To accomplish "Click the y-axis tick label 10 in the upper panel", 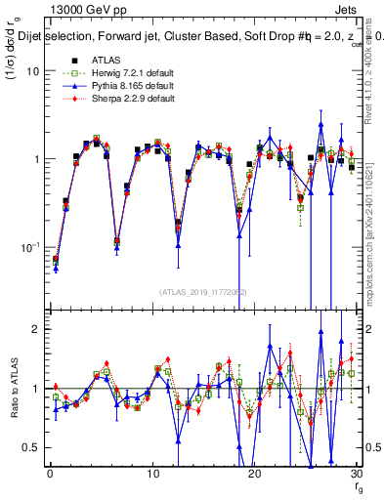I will click(32, 71).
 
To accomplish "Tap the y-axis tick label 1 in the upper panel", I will click(35, 159).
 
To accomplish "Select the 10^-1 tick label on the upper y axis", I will click(29, 246).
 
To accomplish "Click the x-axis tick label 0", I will click(49, 474).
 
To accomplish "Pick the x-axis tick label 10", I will click(152, 474).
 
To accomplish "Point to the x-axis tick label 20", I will click(255, 474).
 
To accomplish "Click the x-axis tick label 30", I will click(358, 474).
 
